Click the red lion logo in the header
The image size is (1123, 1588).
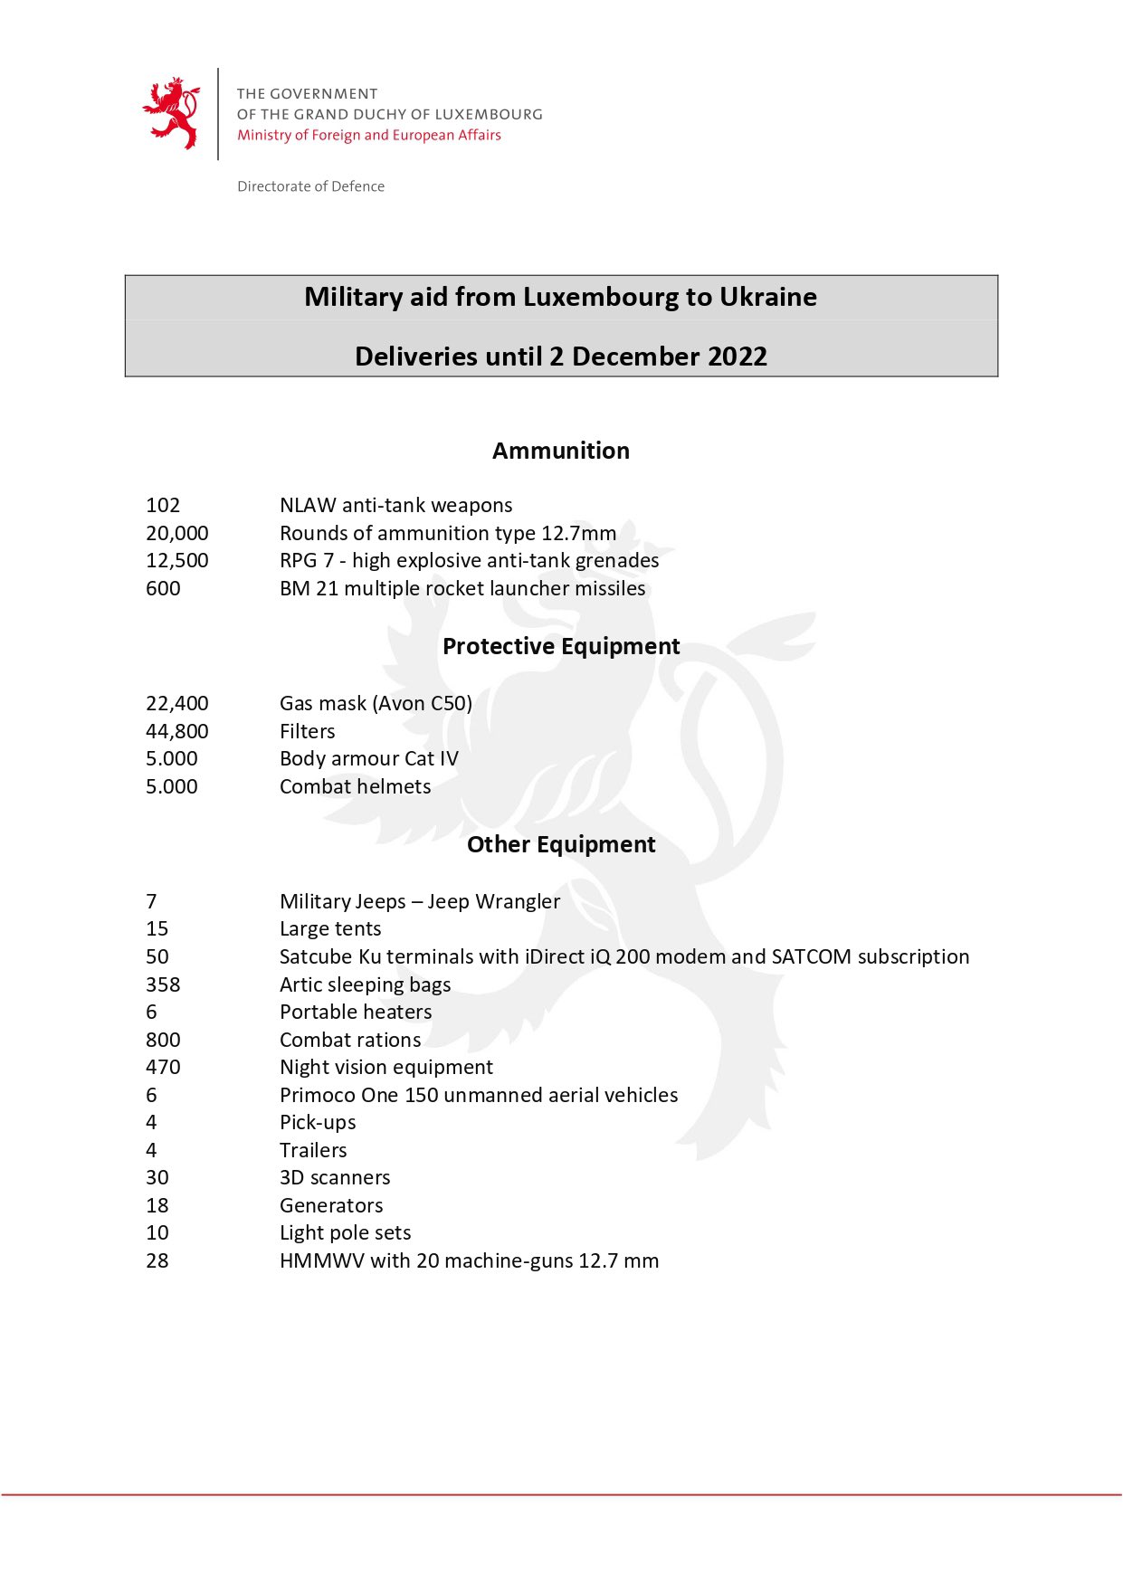pos(172,113)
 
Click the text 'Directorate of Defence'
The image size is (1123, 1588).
pos(310,186)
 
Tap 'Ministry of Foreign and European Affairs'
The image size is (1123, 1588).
pos(368,135)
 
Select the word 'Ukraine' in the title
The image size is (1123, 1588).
pos(768,297)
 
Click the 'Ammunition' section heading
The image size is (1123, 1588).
pos(561,451)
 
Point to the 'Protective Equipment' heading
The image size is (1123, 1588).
pos(561,646)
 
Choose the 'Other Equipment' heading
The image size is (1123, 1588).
pos(561,844)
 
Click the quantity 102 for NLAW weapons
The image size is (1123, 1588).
pos(163,505)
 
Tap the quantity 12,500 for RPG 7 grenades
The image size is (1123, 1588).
pos(177,560)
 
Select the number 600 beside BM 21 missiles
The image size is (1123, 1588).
pos(163,588)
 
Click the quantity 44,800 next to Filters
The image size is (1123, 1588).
pos(177,731)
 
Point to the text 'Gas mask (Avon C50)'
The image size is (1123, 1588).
pos(376,703)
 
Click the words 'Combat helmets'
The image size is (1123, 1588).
pos(355,786)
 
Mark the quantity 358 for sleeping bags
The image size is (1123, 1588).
pos(163,984)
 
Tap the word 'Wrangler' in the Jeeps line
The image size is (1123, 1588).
pos(518,901)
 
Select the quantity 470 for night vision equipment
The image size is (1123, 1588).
pos(163,1067)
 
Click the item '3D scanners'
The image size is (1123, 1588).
pos(335,1177)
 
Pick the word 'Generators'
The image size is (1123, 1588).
pos(331,1205)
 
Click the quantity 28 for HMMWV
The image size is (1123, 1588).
pos(157,1260)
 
